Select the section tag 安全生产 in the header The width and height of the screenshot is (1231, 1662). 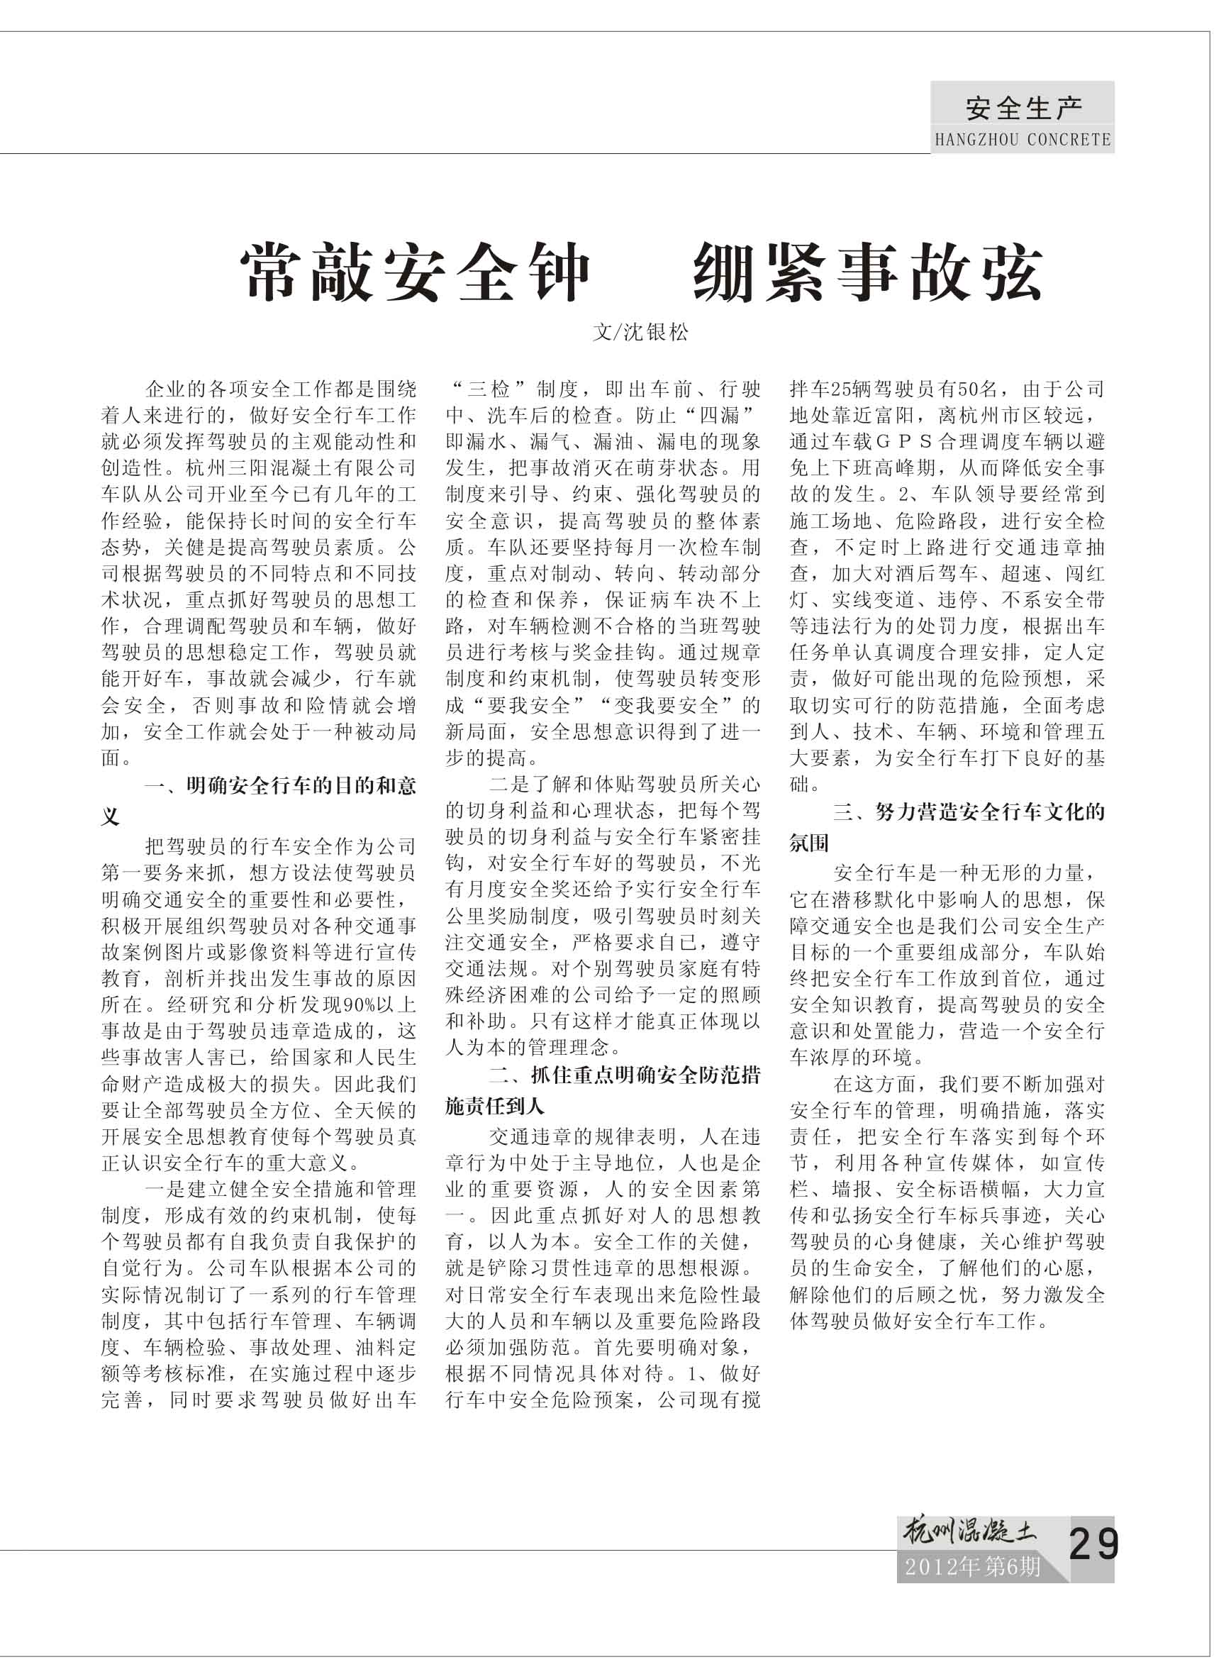(1024, 109)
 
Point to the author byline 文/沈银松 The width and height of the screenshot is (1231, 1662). (641, 333)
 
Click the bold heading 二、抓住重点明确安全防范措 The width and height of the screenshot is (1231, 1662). (625, 1075)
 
